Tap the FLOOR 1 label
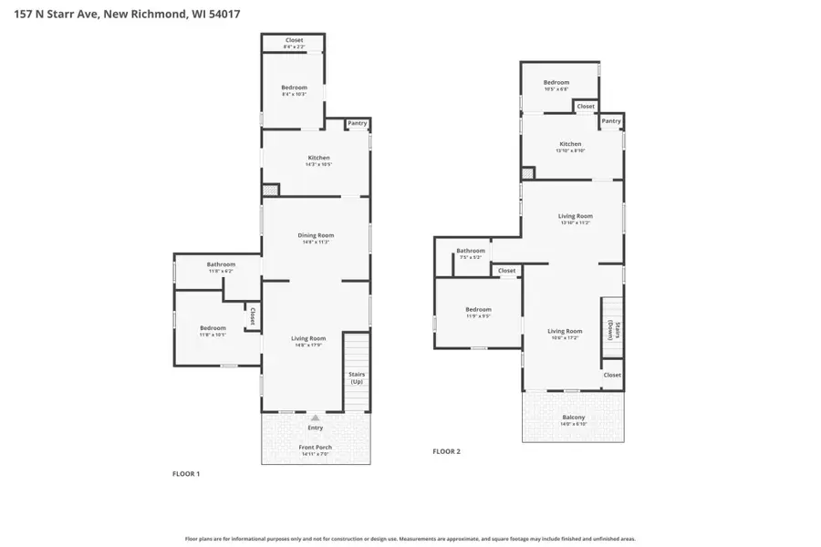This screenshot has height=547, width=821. pyautogui.click(x=186, y=474)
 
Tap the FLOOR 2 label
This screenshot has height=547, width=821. pyautogui.click(x=446, y=451)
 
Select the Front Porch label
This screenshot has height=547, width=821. pyautogui.click(x=316, y=448)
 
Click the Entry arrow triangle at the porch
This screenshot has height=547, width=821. pyautogui.click(x=316, y=418)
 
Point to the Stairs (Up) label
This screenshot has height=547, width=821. pyautogui.click(x=357, y=377)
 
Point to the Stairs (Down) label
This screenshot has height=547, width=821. pyautogui.click(x=612, y=331)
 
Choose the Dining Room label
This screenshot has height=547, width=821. pyautogui.click(x=316, y=235)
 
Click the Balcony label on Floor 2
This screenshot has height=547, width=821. pyautogui.click(x=574, y=418)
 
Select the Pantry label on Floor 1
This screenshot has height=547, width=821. pyautogui.click(x=357, y=123)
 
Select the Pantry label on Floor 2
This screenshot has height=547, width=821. pyautogui.click(x=611, y=121)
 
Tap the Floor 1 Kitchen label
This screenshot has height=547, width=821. pyautogui.click(x=317, y=158)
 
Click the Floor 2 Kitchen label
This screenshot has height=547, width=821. pyautogui.click(x=570, y=144)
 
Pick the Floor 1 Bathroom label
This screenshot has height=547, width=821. pyautogui.click(x=221, y=264)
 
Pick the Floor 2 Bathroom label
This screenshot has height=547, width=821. pyautogui.click(x=471, y=251)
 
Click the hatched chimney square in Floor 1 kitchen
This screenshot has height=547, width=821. pyautogui.click(x=270, y=191)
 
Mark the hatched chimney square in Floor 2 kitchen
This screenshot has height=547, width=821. pyautogui.click(x=527, y=173)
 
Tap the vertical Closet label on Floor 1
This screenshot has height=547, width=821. pyautogui.click(x=252, y=315)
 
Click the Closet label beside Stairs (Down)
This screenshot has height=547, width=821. pyautogui.click(x=612, y=375)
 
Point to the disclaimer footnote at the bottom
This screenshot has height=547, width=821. pyautogui.click(x=410, y=539)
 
